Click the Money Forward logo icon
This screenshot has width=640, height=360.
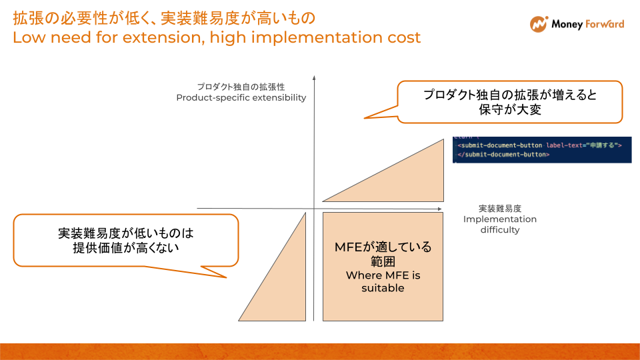point(539,25)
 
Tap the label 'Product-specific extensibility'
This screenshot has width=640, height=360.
point(241,98)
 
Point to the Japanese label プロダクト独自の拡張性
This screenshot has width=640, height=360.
point(241,87)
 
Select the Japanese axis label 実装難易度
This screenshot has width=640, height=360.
point(499,208)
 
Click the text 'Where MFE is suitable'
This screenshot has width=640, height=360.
point(383,282)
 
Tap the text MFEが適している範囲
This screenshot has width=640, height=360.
point(383,254)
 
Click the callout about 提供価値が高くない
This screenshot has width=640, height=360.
point(125,240)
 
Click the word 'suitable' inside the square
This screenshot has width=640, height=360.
point(383,289)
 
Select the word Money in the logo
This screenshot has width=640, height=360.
point(567,25)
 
